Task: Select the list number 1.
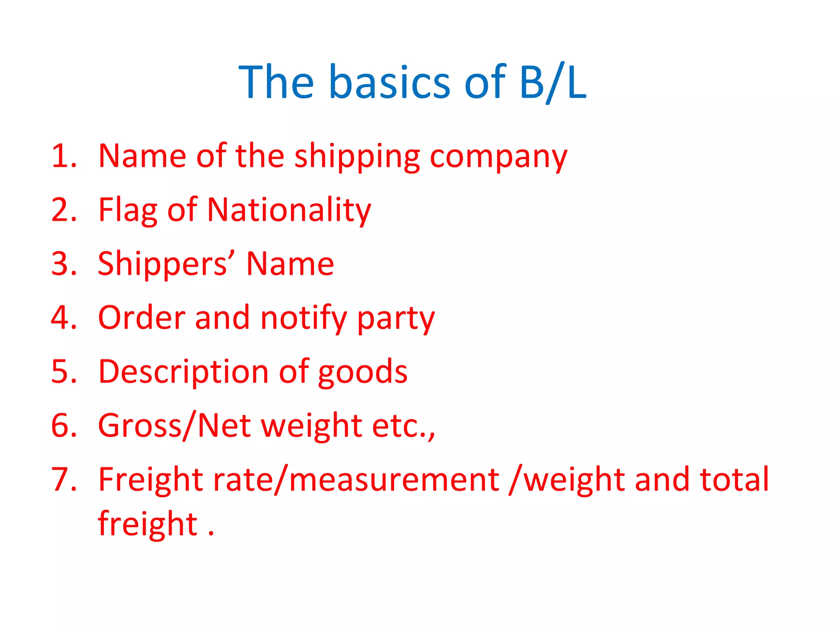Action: click(x=64, y=156)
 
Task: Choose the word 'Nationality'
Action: click(x=289, y=211)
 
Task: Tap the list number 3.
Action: click(x=64, y=264)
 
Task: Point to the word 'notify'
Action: click(x=304, y=318)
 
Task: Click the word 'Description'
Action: click(x=184, y=372)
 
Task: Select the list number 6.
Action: click(x=64, y=426)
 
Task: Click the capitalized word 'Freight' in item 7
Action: click(x=150, y=480)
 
